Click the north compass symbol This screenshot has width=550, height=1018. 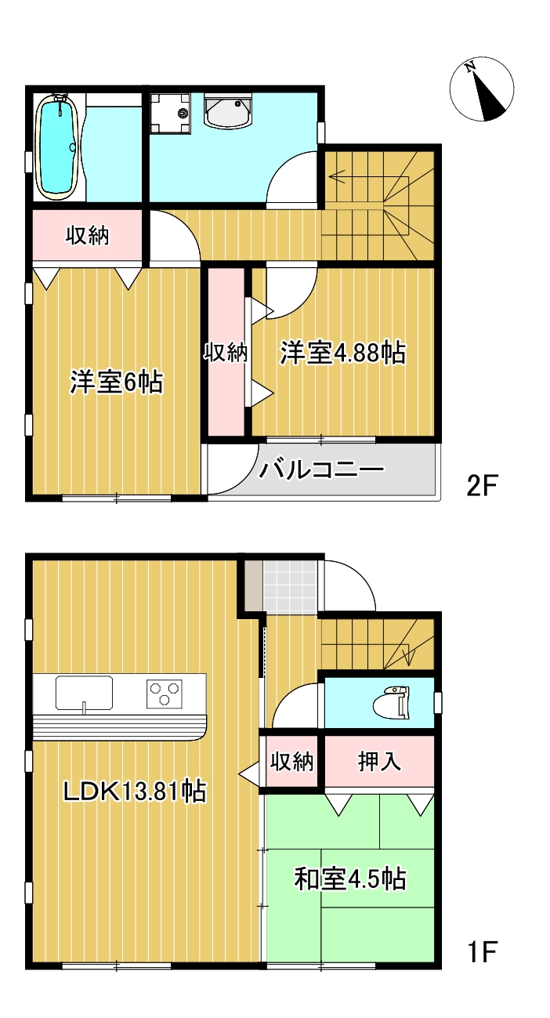click(x=482, y=90)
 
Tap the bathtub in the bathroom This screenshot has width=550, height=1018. click(x=56, y=147)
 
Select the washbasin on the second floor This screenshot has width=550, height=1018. click(x=228, y=112)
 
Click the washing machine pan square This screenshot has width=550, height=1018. click(x=170, y=113)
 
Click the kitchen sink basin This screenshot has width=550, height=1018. click(x=84, y=693)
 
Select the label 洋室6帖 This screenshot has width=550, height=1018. click(x=116, y=382)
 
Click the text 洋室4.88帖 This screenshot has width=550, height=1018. click(x=343, y=353)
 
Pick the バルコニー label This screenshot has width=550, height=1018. click(x=323, y=470)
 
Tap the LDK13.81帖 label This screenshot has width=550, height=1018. click(x=134, y=792)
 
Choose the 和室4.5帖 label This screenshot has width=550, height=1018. click(x=349, y=879)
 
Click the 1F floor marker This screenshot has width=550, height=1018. click(x=483, y=953)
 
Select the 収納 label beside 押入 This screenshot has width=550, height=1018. click(x=292, y=761)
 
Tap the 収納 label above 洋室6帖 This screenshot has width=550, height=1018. click(x=87, y=235)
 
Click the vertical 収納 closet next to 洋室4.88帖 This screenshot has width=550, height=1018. click(x=226, y=353)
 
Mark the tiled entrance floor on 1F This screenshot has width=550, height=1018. click(x=291, y=587)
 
